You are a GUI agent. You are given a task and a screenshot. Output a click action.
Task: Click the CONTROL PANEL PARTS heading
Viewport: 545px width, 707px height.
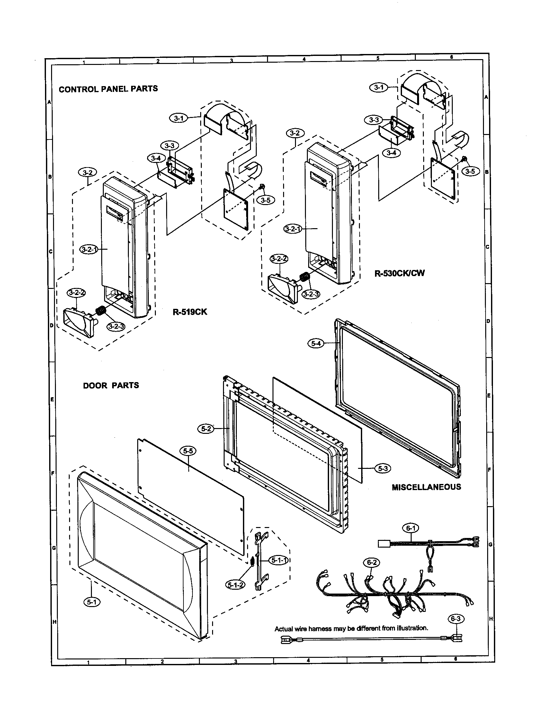pos(108,89)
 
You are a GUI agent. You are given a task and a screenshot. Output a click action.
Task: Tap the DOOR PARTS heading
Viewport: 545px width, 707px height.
pos(111,385)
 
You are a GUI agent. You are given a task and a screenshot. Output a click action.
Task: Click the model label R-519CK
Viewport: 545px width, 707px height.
pos(190,312)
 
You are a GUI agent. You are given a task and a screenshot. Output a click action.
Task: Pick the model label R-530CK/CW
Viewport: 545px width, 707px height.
pos(399,273)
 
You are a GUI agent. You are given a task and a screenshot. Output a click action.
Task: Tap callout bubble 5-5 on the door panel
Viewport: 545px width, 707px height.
pos(189,451)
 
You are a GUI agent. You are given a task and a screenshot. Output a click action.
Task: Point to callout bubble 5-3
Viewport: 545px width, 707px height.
pos(382,468)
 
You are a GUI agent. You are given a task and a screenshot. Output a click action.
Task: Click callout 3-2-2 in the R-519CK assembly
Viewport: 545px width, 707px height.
pos(76,293)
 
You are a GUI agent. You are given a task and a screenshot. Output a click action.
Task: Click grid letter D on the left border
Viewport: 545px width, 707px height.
pos(51,326)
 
